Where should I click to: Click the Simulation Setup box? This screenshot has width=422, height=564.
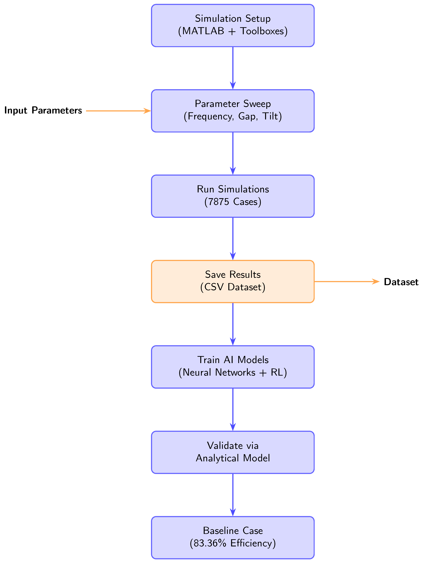(233, 26)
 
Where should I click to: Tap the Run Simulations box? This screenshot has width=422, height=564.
(233, 196)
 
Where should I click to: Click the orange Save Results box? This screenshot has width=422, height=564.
(233, 281)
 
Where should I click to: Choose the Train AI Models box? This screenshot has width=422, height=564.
(233, 367)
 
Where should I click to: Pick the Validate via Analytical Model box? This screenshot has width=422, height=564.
(233, 452)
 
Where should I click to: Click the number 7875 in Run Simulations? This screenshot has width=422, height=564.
(218, 202)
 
